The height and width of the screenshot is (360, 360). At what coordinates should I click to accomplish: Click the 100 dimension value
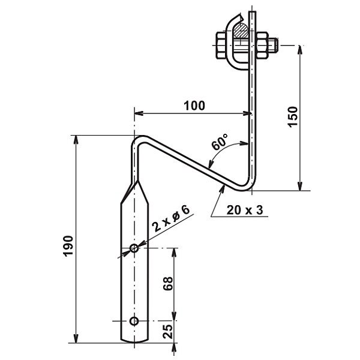pyautogui.click(x=194, y=106)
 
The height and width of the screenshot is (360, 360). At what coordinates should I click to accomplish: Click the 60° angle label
pyautogui.click(x=220, y=144)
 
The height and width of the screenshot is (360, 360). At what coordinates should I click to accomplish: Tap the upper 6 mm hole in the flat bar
pyautogui.click(x=134, y=248)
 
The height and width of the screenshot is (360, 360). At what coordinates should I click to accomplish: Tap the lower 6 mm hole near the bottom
pyautogui.click(x=134, y=320)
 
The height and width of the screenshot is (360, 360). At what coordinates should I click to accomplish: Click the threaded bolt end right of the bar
pyautogui.click(x=271, y=44)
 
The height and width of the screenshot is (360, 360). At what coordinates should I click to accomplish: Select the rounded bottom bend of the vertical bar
pyautogui.click(x=247, y=185)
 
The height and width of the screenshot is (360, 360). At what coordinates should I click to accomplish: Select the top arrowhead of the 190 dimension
pyautogui.click(x=76, y=140)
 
